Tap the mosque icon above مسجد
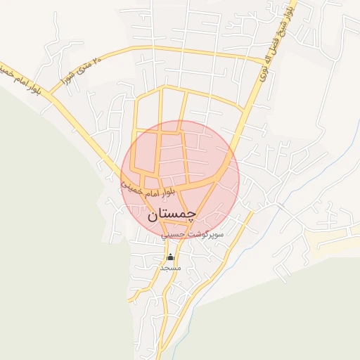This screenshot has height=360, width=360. tap(169, 257)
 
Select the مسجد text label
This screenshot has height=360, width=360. tap(171, 268)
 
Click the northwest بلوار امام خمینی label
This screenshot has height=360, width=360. tap(21, 78)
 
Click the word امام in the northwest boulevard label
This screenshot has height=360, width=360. tap(20, 78)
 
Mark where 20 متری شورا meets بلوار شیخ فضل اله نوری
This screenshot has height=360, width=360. tap(252, 58)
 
